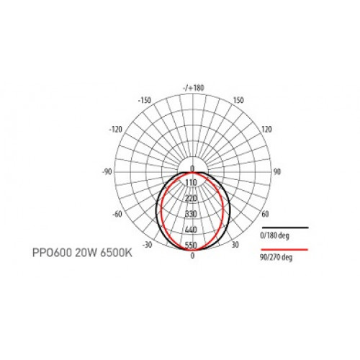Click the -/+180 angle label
[194, 88]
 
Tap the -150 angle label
[145, 100]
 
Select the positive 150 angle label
[238, 100]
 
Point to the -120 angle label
[116, 130]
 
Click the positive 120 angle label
[266, 130]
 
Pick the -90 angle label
[107, 172]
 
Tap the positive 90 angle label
[276, 172]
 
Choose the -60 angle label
[117, 214]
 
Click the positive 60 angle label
[265, 214]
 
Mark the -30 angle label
[147, 245]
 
